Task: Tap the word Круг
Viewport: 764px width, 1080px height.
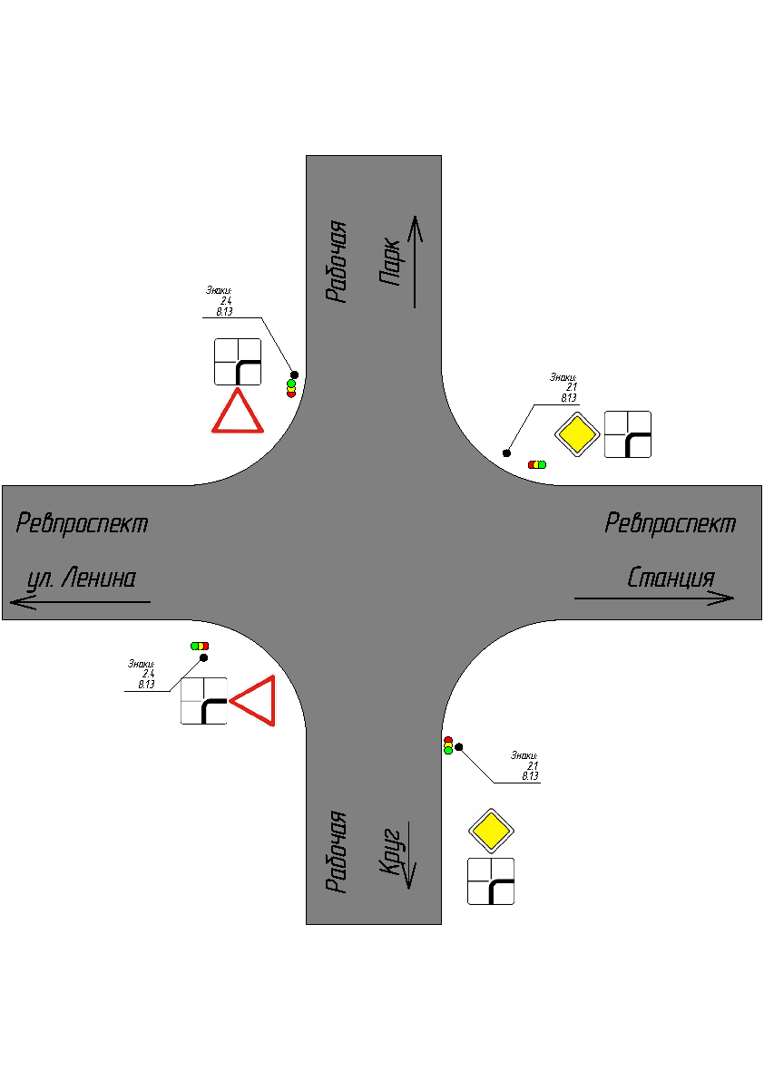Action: (x=390, y=851)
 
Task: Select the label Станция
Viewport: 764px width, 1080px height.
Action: (x=671, y=578)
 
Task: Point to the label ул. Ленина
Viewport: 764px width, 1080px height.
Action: (x=81, y=578)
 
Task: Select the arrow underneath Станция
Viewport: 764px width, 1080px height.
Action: (x=653, y=598)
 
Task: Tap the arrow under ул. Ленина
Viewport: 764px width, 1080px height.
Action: (x=80, y=601)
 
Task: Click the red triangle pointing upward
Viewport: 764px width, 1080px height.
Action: (x=238, y=414)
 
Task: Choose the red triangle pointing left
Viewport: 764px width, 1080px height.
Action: (x=257, y=701)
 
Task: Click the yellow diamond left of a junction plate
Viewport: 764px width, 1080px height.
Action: (x=578, y=435)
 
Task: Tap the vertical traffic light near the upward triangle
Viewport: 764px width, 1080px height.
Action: (x=291, y=388)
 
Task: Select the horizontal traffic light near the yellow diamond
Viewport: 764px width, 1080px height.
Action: (x=537, y=464)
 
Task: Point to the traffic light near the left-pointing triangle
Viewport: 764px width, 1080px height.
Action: (x=199, y=646)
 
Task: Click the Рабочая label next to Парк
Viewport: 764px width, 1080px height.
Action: (x=337, y=260)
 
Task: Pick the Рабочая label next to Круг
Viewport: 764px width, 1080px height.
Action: (x=337, y=851)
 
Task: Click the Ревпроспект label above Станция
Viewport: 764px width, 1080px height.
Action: (x=671, y=523)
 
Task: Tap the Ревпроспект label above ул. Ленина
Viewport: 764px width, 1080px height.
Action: (x=82, y=523)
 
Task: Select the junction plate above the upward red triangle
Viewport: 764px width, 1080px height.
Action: (x=238, y=362)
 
